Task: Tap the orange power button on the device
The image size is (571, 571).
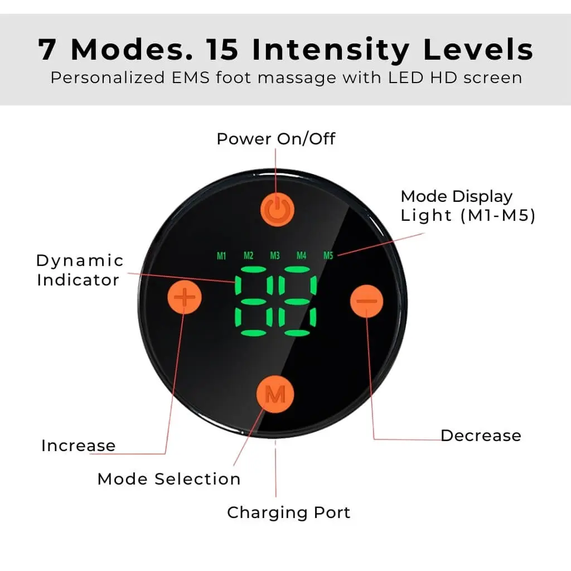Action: coord(277,210)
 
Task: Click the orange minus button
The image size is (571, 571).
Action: coord(366,301)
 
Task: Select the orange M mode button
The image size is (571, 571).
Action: coord(275,394)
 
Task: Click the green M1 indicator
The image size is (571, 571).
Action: coord(221,255)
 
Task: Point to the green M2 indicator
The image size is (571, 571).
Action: coord(248,255)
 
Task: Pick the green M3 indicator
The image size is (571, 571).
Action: coord(275,255)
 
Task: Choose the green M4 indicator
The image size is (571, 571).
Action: coord(301,255)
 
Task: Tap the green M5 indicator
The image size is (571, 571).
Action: coord(328,255)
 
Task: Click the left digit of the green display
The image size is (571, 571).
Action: coord(254,301)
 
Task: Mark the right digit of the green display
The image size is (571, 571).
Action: coord(297,301)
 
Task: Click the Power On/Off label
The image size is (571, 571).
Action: coord(275,139)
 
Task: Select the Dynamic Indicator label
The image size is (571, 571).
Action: coord(80,270)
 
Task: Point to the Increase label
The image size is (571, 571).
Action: coord(78,446)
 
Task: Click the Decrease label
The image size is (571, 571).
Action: coord(481,435)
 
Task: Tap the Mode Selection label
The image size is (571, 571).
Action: coord(169,479)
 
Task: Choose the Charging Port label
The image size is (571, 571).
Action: coord(288,513)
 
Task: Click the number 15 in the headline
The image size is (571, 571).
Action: coord(222,49)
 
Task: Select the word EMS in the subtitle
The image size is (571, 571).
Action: coord(191,78)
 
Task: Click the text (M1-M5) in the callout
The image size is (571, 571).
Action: coord(498,215)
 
